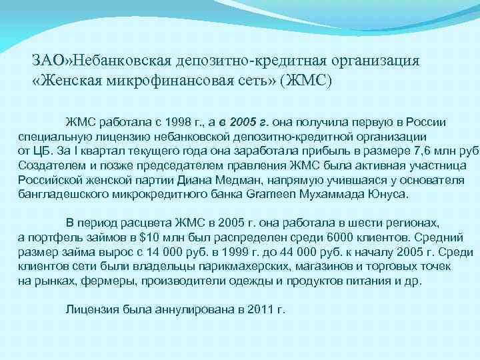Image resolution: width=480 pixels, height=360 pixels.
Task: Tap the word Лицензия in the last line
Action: [x=92, y=310]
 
